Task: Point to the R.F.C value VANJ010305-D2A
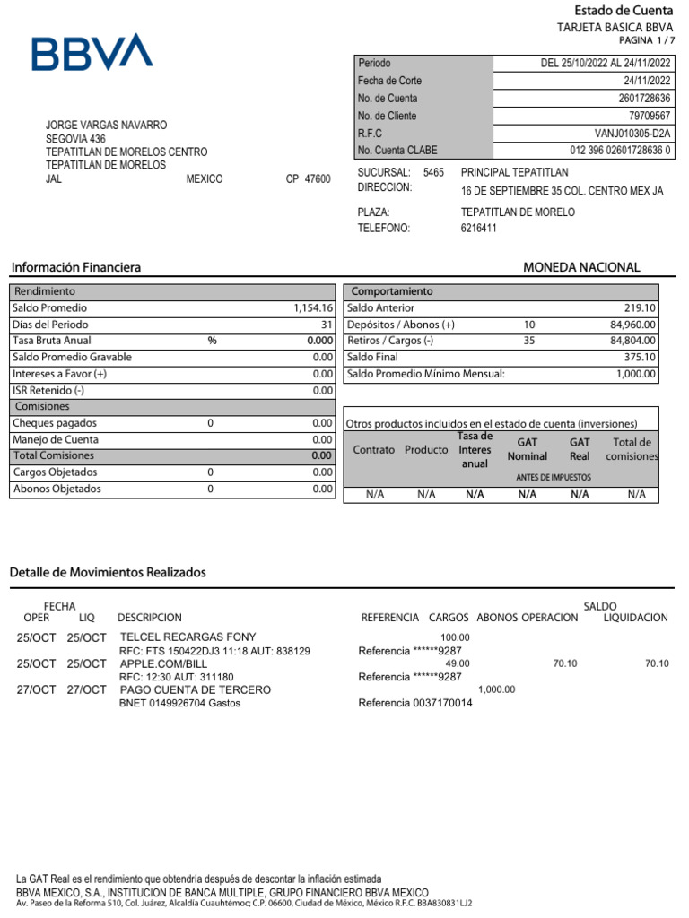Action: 632,134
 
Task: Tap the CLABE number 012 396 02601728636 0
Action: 620,151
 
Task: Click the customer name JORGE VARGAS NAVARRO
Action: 106,126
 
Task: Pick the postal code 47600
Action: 318,179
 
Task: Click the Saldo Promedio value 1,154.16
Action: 313,308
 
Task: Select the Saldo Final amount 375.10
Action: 639,358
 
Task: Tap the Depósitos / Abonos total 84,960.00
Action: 633,325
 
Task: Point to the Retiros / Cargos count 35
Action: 528,342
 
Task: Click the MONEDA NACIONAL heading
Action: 581,267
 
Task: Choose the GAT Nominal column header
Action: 527,449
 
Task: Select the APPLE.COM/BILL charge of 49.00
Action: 458,663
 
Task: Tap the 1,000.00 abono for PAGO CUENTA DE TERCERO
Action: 497,689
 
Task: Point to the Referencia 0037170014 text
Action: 414,703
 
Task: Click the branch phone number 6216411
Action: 478,229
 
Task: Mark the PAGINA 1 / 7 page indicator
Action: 646,41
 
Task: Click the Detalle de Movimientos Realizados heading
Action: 108,572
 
